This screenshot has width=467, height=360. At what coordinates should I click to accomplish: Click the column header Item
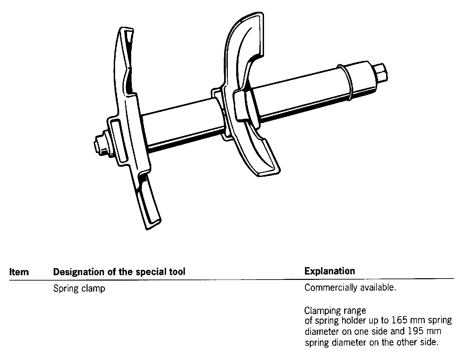(19, 272)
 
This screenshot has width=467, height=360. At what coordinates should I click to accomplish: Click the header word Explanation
(329, 271)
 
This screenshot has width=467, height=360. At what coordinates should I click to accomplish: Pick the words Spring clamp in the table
(79, 289)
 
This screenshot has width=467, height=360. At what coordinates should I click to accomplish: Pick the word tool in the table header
(177, 272)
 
